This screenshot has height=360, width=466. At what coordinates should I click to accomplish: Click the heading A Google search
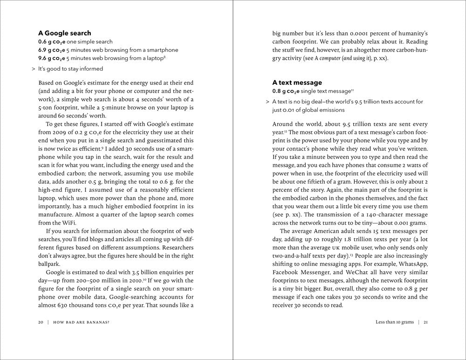tap(64, 33)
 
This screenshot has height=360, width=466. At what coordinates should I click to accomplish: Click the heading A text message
tap(297, 82)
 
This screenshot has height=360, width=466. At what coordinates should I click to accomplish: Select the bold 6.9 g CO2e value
tap(51, 50)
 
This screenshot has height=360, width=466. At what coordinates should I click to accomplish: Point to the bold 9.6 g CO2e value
tap(51, 58)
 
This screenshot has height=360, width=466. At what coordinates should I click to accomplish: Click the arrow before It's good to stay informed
tap(33, 69)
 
